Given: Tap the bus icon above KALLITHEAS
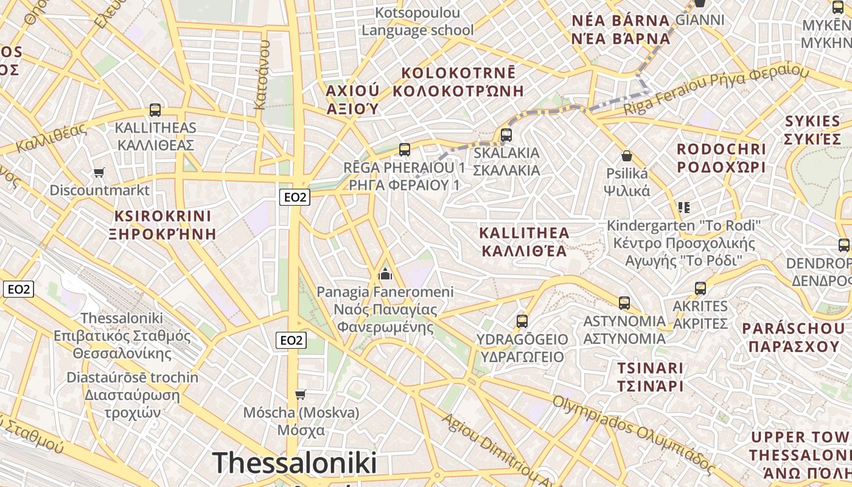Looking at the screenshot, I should (155, 110).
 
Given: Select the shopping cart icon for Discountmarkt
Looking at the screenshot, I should (99, 173).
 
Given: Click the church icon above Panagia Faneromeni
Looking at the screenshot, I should (385, 273).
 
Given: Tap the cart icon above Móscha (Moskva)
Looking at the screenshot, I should (300, 395).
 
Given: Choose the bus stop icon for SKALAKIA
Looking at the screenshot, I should (506, 135).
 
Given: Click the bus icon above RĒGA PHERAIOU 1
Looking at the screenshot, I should (404, 149).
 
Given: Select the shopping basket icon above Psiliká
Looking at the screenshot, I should (627, 156).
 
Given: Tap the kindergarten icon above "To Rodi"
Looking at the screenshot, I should (684, 208).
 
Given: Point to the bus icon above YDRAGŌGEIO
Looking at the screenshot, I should (522, 321).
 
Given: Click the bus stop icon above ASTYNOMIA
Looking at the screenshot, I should (624, 303).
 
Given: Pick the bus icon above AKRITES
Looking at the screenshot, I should (700, 288).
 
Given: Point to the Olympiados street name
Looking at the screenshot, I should (633, 434).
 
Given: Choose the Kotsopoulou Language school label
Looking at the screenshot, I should (417, 21).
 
